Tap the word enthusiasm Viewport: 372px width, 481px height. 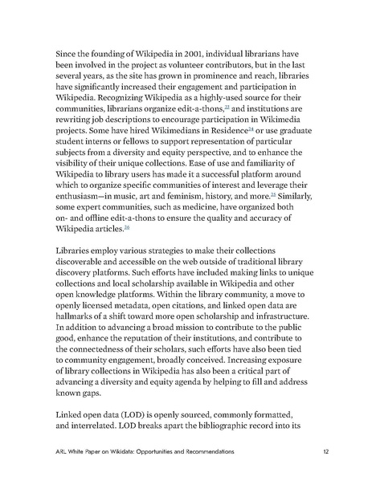(85, 202)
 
